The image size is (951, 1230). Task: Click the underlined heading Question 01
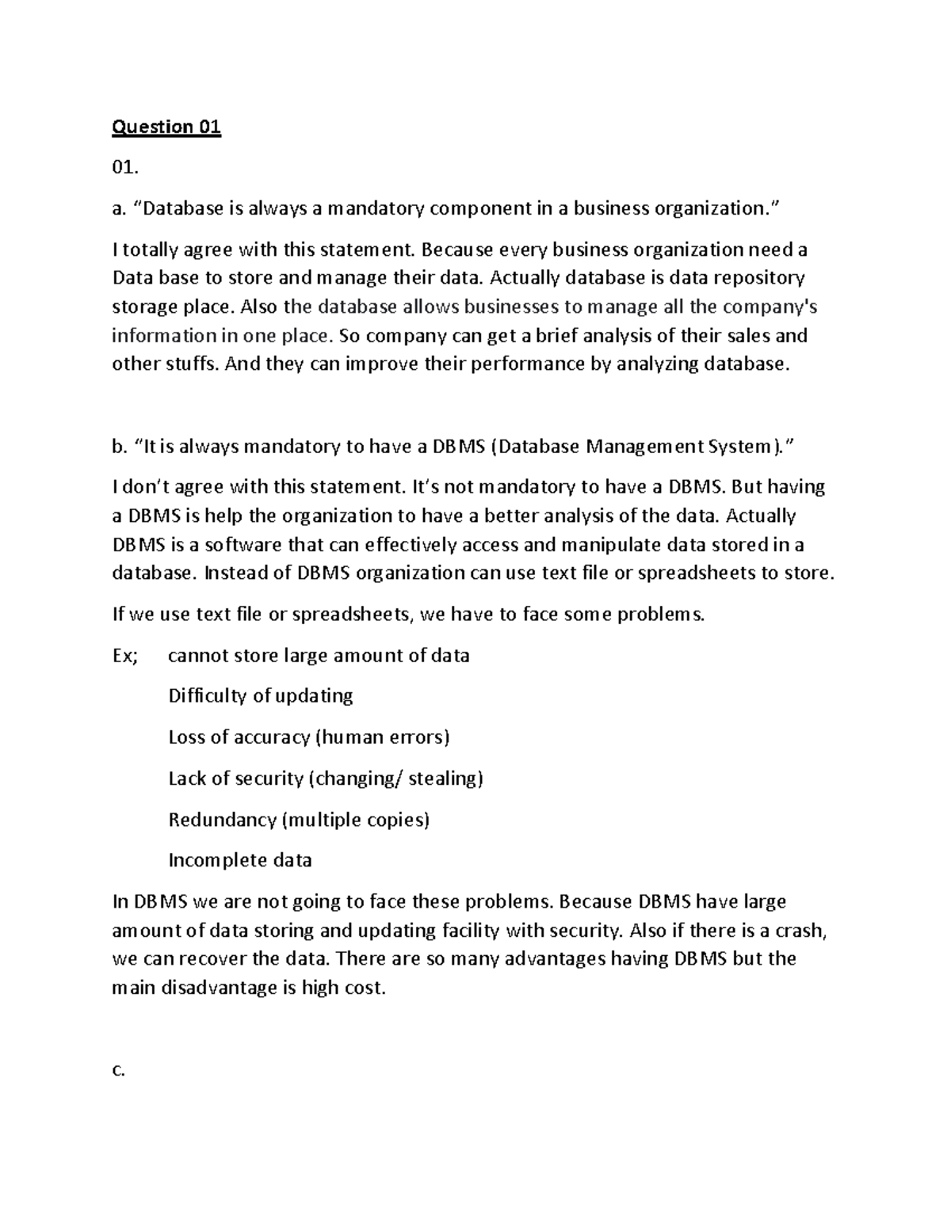click(166, 127)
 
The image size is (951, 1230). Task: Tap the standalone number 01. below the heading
click(125, 168)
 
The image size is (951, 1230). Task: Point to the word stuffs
click(192, 364)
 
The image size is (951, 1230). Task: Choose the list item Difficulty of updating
click(261, 696)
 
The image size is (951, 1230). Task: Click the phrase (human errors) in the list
click(382, 737)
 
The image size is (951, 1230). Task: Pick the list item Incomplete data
click(240, 860)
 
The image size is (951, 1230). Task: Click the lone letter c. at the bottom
click(119, 1071)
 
